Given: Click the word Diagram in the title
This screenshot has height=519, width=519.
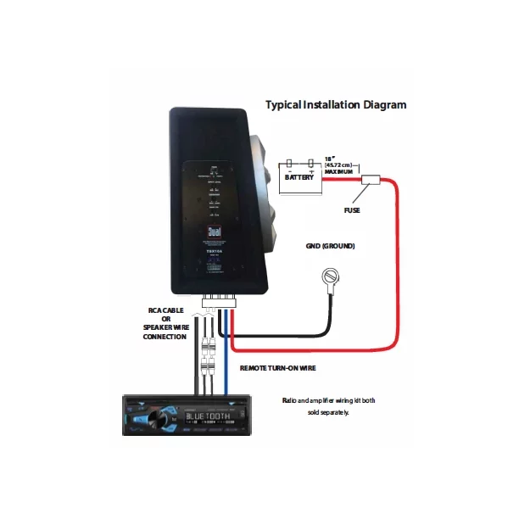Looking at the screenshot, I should click(382, 105).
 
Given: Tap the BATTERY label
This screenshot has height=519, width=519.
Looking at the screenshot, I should click(299, 178).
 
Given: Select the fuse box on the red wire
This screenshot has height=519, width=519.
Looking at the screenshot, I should click(370, 181).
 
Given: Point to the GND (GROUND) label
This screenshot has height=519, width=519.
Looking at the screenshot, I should click(330, 247).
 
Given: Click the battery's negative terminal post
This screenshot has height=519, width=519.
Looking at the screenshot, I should click(289, 162).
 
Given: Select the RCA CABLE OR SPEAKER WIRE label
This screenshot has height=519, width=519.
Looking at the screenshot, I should click(165, 323).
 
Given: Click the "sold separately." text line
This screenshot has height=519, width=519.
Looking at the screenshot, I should click(327, 412).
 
